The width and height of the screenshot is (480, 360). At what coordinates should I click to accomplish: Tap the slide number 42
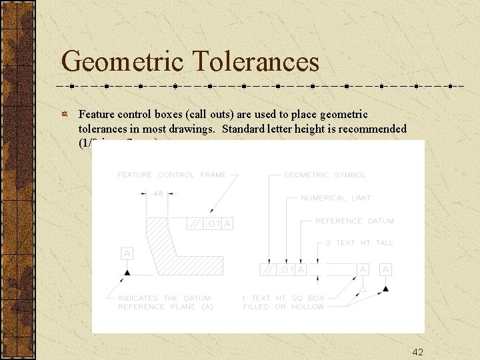pos(418,352)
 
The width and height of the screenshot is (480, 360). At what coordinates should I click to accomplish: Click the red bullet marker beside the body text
pos(65,115)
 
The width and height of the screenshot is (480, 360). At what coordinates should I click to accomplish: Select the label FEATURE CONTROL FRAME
pos(172,175)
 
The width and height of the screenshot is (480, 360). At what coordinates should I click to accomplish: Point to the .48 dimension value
pos(158,194)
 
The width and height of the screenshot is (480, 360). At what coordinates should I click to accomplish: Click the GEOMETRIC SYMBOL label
pos(325,175)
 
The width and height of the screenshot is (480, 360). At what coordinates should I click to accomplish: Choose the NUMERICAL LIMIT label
pos(335,198)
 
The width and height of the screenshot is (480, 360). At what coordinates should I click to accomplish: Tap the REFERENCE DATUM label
pos(354,221)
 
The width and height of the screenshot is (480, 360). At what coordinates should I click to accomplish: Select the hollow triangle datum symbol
pos(363,288)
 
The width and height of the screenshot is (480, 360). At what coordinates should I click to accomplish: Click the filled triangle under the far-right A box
pos(385,289)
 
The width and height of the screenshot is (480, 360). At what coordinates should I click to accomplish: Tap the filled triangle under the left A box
pos(127,272)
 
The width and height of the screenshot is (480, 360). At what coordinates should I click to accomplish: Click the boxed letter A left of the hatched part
pos(127,253)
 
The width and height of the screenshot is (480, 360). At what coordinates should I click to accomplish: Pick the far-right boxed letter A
pos(385,269)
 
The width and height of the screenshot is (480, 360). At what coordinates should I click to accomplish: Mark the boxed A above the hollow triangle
pos(363,269)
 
